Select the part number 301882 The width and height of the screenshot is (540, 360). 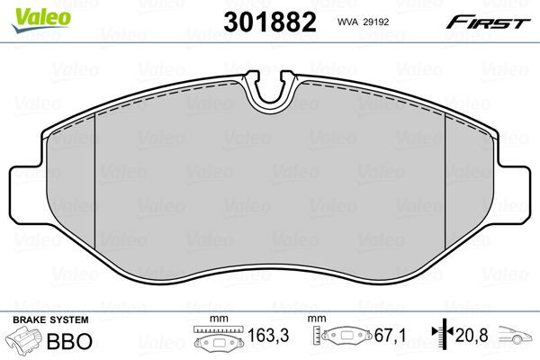pyautogui.click(x=269, y=22)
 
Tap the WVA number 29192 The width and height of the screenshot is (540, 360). pyautogui.click(x=383, y=21)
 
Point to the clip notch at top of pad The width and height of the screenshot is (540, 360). pyautogui.click(x=273, y=91)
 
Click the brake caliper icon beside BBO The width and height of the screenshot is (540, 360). pyautogui.click(x=26, y=343)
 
